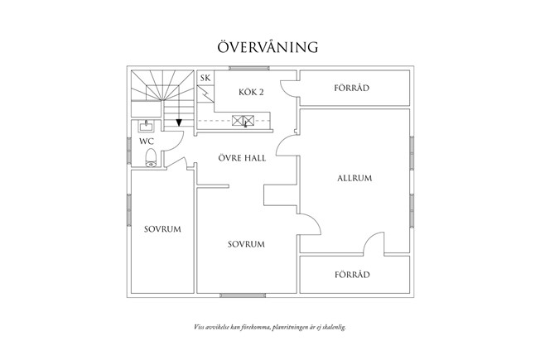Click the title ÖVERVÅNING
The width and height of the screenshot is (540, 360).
(268, 46)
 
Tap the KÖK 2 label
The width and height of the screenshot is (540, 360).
(249, 92)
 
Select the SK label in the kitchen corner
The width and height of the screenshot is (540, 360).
(205, 78)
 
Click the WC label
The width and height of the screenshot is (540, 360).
(146, 142)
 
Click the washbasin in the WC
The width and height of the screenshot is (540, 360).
(147, 127)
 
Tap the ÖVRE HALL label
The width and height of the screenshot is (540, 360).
(242, 157)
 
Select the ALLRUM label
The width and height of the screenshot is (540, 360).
(354, 178)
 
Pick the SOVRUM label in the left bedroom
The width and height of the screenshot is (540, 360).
(162, 228)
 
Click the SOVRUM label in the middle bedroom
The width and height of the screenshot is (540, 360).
(246, 244)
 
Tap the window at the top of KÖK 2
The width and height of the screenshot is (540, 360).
(245, 69)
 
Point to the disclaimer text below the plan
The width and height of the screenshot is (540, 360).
(269, 328)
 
